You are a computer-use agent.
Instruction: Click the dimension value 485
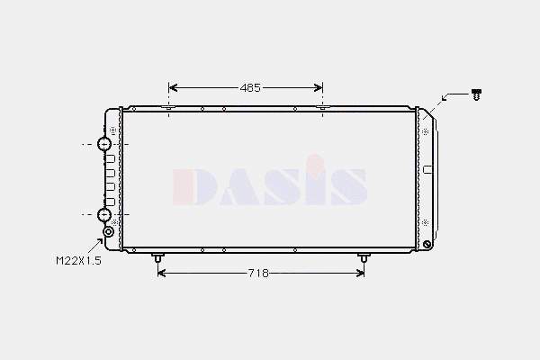point(250,88)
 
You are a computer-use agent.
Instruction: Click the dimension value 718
point(258,274)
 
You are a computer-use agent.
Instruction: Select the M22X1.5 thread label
point(78,260)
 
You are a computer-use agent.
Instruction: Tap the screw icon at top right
point(476,94)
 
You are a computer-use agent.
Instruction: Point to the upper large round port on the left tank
point(104,144)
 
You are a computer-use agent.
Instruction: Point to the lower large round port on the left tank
point(104,214)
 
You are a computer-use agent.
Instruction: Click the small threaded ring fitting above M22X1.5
point(109,232)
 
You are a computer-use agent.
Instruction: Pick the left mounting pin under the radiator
point(157,257)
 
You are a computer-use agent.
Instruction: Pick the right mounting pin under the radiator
point(364,257)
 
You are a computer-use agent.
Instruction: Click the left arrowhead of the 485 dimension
point(173,88)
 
